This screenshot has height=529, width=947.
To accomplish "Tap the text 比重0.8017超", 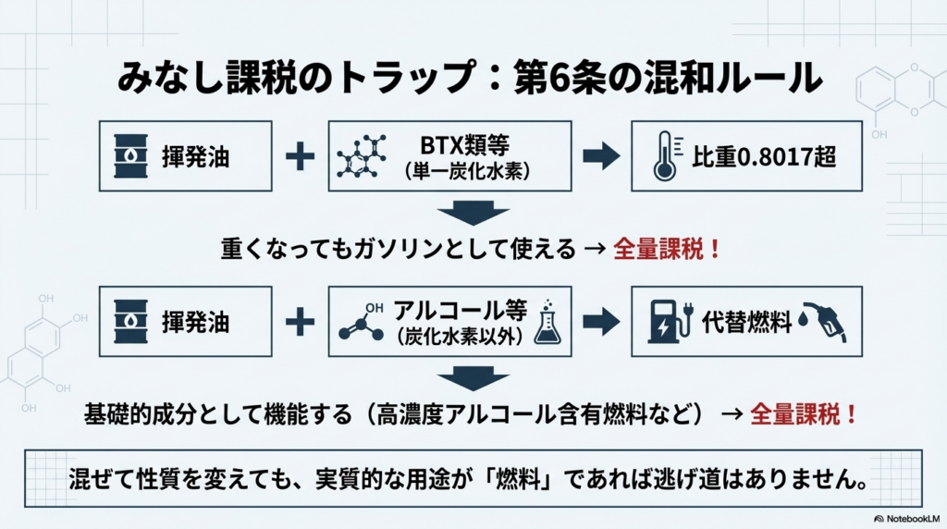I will point(764,156).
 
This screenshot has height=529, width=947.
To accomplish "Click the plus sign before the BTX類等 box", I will point(300,156).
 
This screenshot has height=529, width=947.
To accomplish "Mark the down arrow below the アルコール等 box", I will point(473,379).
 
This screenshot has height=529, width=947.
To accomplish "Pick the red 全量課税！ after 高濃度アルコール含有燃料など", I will point(803,413).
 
